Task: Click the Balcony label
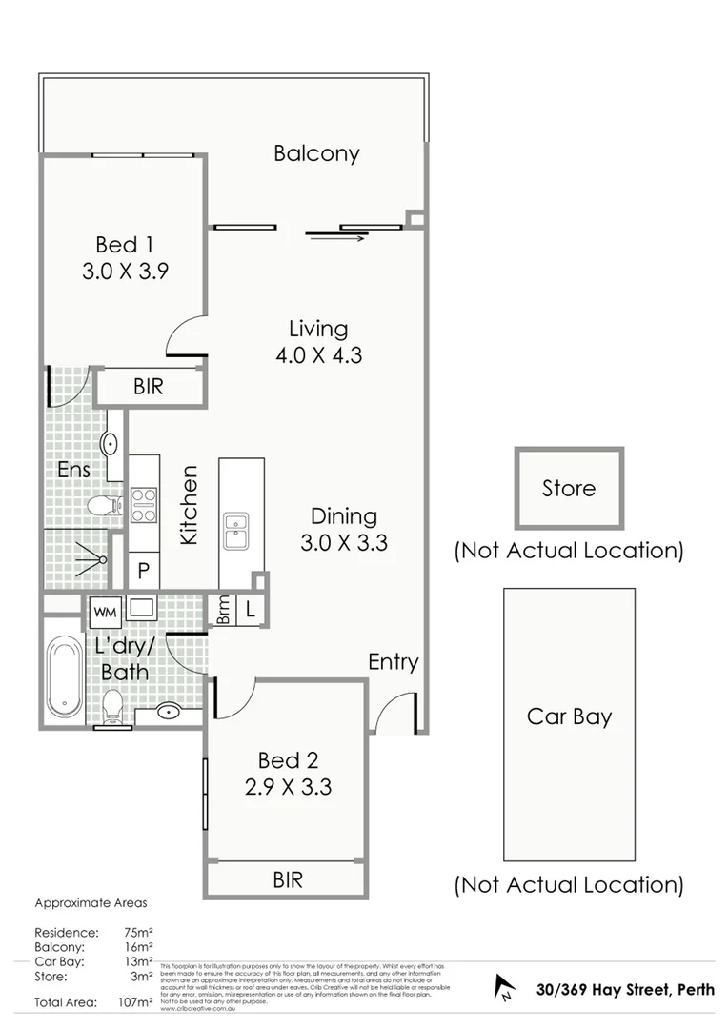(316, 153)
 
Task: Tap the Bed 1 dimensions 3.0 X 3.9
(125, 271)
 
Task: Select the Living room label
(318, 330)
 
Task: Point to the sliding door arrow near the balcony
(337, 238)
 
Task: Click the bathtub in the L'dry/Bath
(66, 676)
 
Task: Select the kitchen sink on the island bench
(235, 531)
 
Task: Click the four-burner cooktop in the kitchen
(143, 505)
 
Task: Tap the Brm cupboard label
(223, 611)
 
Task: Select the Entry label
(394, 662)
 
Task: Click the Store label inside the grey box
(569, 489)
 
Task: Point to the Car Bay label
(569, 716)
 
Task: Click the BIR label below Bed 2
(288, 879)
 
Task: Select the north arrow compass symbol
(504, 988)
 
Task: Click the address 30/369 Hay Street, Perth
(624, 989)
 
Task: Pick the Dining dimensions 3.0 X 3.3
(344, 544)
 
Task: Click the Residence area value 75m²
(139, 932)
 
